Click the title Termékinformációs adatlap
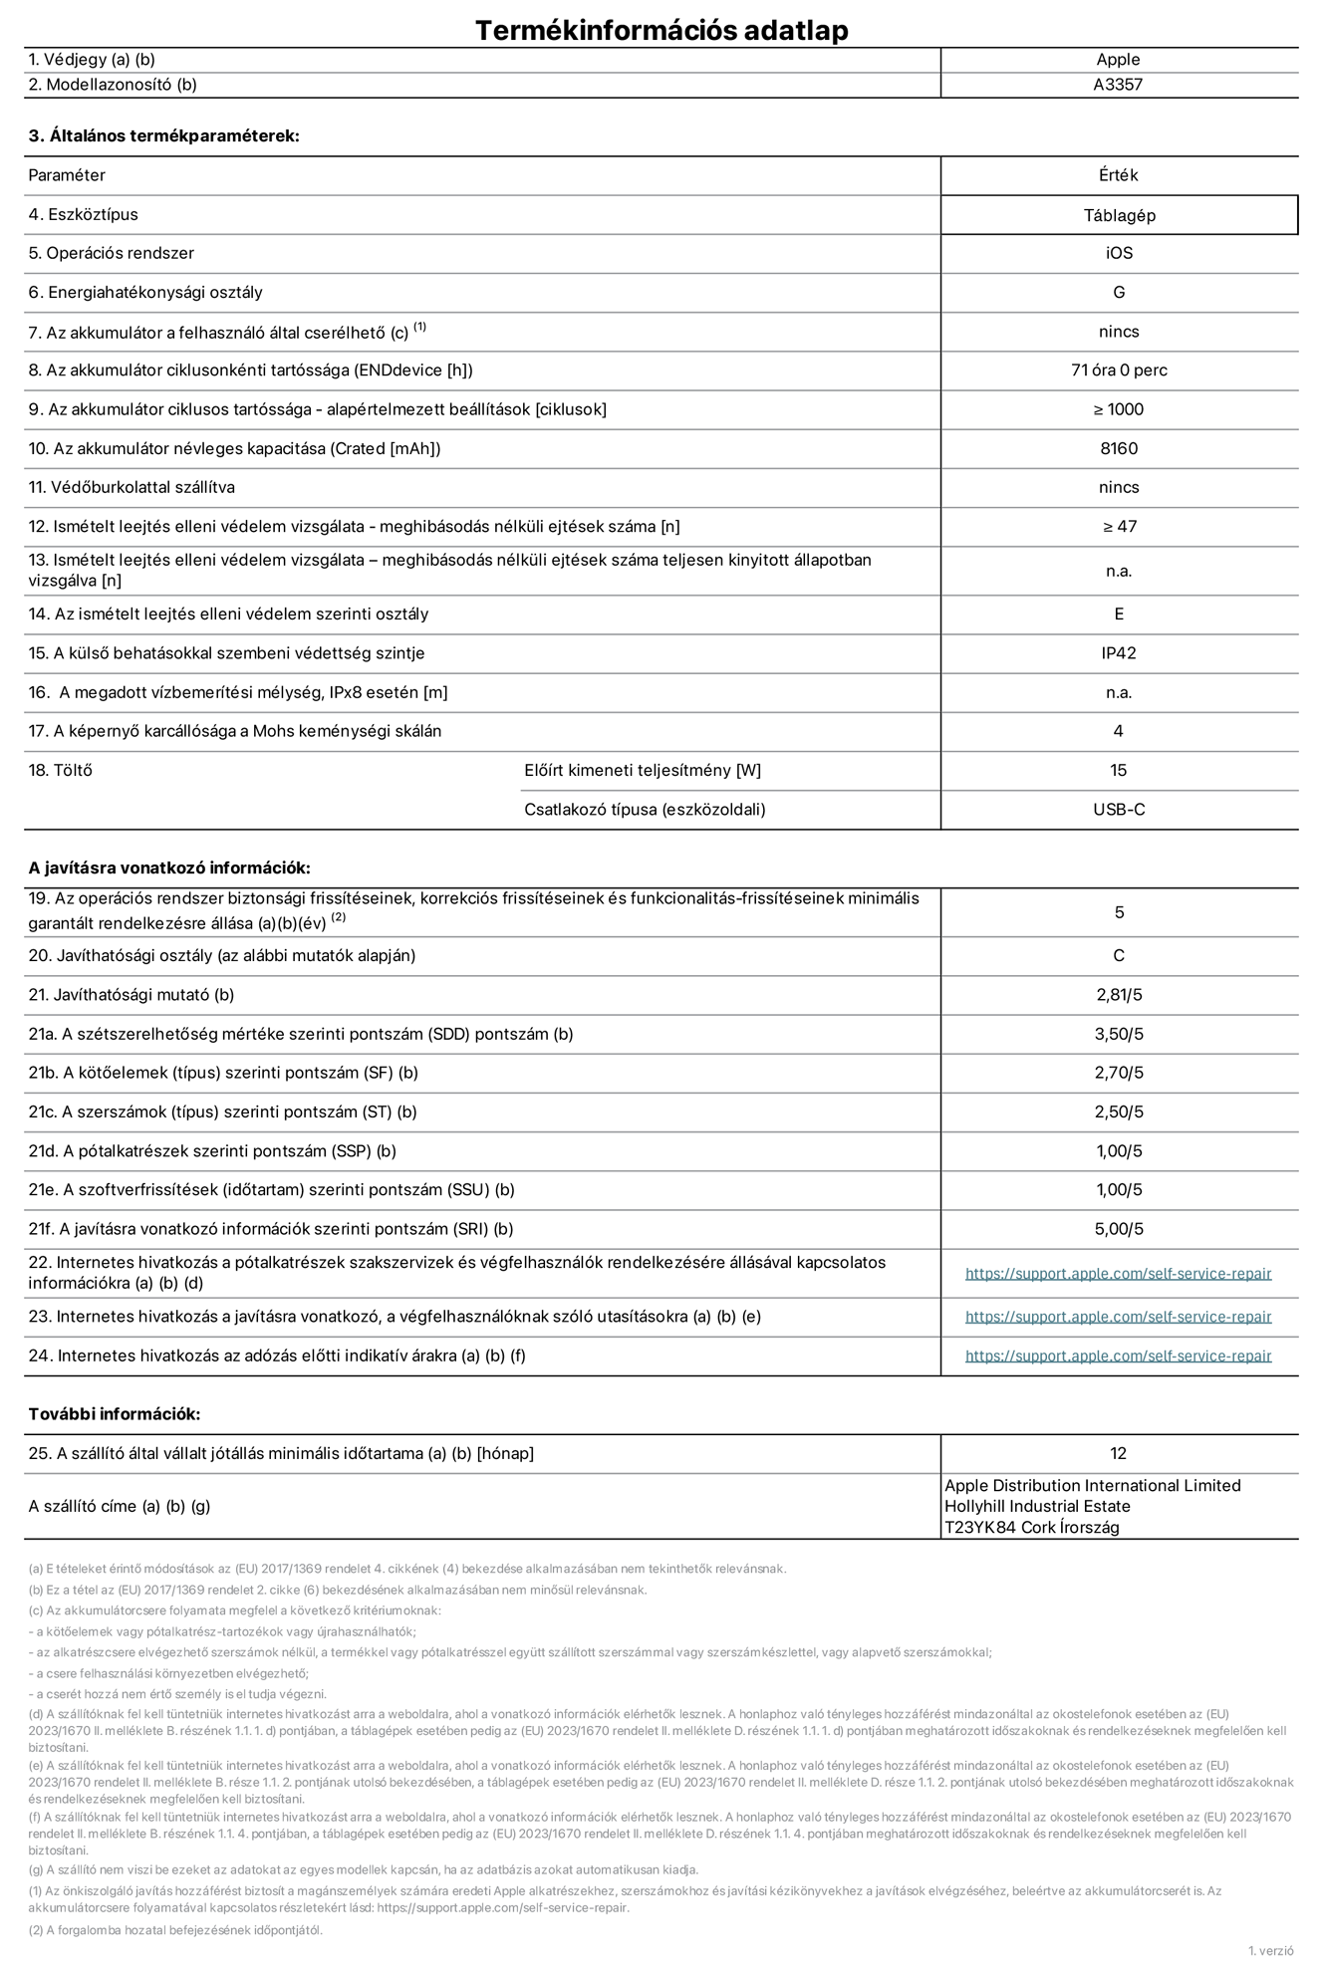(661, 30)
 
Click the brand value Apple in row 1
(1118, 60)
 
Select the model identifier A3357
(1118, 85)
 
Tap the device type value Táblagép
(1119, 215)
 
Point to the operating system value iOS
(1119, 253)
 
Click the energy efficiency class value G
(1119, 292)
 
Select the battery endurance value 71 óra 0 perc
(1119, 370)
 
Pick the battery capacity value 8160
(1119, 448)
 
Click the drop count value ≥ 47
(1119, 527)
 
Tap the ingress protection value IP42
(1119, 653)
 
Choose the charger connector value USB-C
(1119, 810)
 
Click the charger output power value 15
(1119, 771)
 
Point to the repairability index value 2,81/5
(1119, 995)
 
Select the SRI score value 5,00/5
(1119, 1229)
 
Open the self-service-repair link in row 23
(1118, 1317)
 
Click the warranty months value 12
(1119, 1454)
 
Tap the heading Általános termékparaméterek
(163, 136)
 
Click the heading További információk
(114, 1414)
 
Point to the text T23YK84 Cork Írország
(1031, 1528)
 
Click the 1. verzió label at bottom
(1270, 1951)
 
